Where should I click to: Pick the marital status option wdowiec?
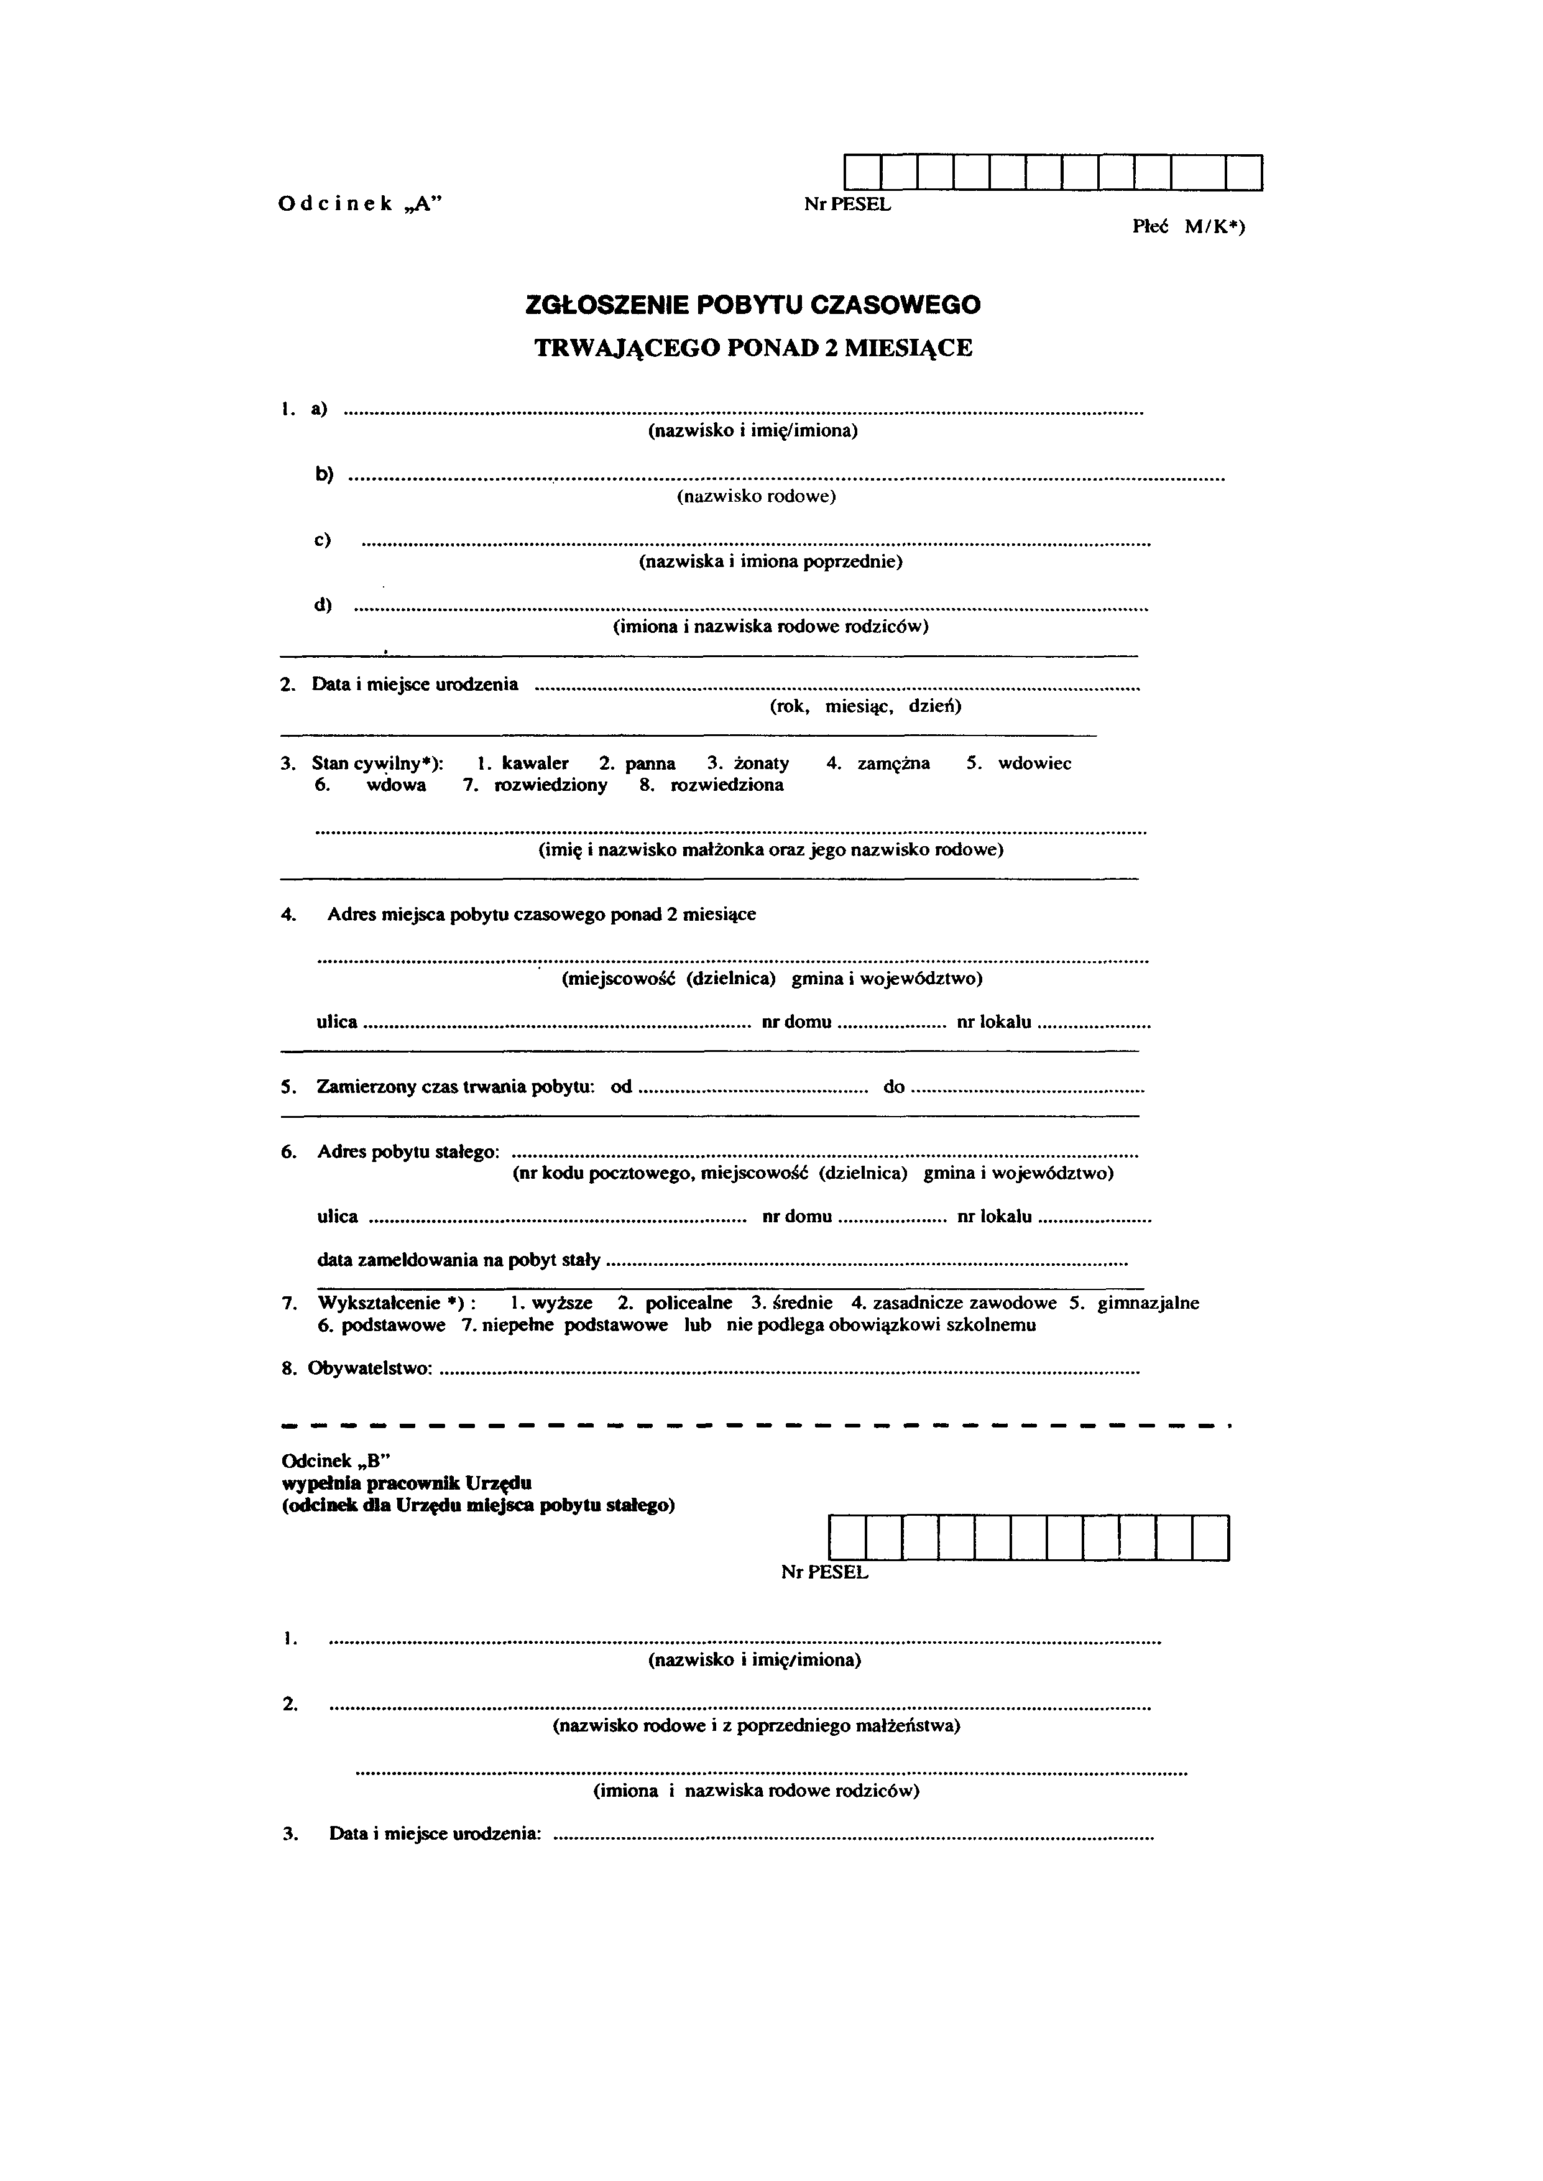point(1034,763)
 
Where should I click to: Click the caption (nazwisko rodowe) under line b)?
point(757,497)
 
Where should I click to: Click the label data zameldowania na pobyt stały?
point(458,1260)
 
